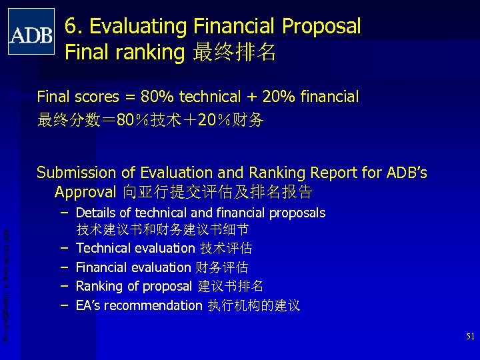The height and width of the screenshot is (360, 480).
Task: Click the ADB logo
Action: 31,31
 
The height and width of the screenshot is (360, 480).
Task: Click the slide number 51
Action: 469,337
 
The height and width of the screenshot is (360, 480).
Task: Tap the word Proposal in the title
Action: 321,27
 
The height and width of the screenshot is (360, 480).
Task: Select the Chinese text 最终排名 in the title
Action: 233,52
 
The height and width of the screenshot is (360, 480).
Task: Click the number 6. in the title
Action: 74,27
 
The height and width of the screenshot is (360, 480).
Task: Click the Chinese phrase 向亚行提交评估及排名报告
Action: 217,193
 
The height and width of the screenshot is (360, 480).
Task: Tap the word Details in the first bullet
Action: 95,213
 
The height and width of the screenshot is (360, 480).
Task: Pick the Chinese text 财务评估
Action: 221,267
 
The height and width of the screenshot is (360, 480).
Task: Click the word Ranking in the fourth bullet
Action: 99,287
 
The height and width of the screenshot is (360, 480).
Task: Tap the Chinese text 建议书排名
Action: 231,287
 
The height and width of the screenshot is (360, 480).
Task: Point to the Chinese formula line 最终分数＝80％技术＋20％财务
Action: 150,121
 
